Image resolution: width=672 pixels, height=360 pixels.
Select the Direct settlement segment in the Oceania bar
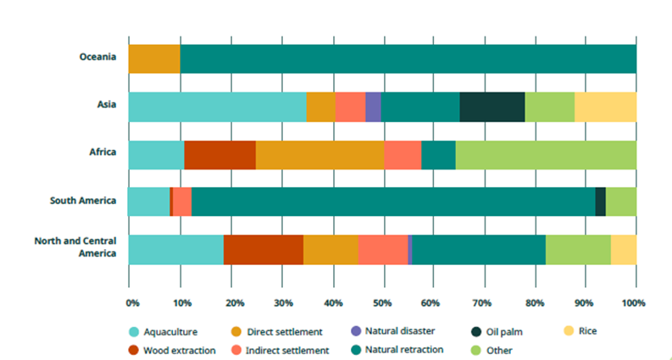click(x=153, y=58)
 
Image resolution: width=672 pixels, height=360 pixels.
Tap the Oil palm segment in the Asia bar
click(x=492, y=107)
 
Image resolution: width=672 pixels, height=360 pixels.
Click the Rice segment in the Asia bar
click(x=605, y=107)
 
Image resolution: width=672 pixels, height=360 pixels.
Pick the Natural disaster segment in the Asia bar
click(x=373, y=107)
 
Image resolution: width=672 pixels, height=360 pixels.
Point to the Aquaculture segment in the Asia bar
click(x=216, y=107)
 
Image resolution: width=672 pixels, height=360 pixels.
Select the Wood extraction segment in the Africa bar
click(x=219, y=154)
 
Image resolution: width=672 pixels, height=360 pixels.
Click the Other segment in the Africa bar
click(x=545, y=154)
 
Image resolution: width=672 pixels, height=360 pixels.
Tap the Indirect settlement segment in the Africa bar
click(x=402, y=154)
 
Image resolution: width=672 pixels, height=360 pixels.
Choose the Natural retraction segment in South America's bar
click(x=392, y=202)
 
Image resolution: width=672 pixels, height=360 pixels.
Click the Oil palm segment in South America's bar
click(x=600, y=202)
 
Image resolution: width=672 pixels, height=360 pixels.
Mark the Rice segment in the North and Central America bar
click(x=623, y=249)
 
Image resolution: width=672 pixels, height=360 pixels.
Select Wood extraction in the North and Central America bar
click(x=263, y=249)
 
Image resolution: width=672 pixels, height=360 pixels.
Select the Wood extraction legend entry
click(x=174, y=349)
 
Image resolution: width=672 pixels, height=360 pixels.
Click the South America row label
click(x=81, y=202)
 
